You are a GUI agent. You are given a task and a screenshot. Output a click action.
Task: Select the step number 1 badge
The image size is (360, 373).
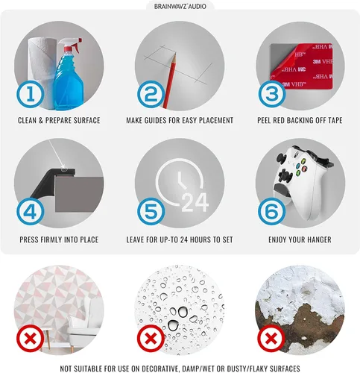coord(31,95)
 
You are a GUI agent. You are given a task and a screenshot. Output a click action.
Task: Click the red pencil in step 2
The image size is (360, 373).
coord(170,80)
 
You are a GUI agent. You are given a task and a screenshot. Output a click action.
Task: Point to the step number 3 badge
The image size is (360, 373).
coord(272,94)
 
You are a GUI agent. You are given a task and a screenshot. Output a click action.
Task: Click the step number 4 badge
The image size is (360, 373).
coord(31,212)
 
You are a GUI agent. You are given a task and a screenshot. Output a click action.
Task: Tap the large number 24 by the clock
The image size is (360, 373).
coord(195,202)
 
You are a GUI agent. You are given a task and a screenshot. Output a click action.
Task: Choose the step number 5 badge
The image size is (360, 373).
coord(151,212)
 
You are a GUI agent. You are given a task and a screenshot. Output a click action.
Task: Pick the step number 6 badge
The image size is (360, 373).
coord(272,211)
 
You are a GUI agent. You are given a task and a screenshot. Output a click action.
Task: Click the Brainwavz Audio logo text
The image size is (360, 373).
coord(180,6)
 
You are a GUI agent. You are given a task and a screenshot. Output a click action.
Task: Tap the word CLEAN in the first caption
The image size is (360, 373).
coord(28,120)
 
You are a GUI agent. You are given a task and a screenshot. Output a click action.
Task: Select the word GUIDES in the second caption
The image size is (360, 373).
coord(154,120)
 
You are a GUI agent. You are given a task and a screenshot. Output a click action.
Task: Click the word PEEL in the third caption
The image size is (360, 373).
coord(265,120)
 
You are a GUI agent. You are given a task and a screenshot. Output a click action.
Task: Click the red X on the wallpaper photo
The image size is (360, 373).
coord(30,338)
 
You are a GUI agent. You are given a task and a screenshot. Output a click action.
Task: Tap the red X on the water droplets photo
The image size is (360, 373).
coord(151,339)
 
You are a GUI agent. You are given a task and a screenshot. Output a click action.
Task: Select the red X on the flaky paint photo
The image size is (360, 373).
coord(271,339)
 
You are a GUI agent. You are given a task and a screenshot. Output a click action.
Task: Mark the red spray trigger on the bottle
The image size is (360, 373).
coord(77,44)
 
